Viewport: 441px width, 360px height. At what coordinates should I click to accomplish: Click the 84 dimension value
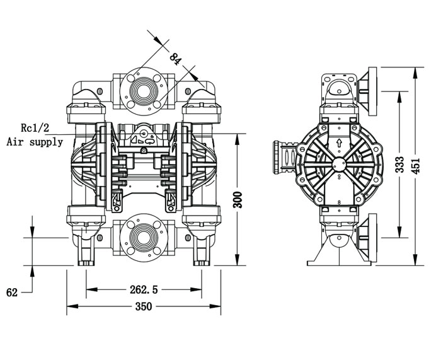[x=176, y=59]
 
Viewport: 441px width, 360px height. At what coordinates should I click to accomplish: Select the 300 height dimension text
[x=238, y=200]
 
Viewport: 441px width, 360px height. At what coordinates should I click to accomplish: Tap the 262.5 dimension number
[x=144, y=289]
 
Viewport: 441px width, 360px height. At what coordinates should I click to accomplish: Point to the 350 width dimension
[x=144, y=306]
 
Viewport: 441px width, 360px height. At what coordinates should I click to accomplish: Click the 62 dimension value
[x=12, y=293]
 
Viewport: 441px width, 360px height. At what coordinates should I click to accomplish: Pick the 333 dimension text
[x=399, y=165]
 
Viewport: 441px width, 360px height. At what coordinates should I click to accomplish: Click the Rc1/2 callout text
[x=35, y=128]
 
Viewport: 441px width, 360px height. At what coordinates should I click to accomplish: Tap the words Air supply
[x=35, y=142]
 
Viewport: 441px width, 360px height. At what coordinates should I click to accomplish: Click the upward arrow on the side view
[x=339, y=142]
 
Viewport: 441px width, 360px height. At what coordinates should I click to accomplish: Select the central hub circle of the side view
[x=339, y=165]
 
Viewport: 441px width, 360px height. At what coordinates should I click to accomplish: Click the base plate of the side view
[x=339, y=264]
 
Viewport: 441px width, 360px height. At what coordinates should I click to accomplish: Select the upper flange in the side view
[x=368, y=91]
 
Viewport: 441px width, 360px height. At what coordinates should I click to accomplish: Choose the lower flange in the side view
[x=368, y=238]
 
